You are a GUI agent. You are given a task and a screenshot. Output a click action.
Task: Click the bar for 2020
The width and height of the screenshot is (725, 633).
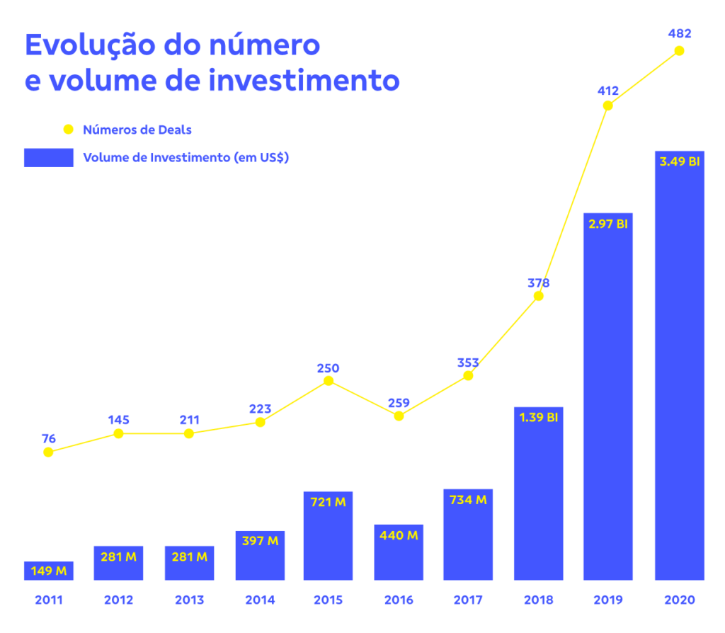(x=679, y=365)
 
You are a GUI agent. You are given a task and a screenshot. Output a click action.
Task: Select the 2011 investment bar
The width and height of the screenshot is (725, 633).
(x=49, y=571)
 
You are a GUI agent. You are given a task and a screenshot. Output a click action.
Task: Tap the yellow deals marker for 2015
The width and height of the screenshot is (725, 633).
(x=329, y=381)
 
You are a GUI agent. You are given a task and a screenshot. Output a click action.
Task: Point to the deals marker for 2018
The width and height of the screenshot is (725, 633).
(x=538, y=296)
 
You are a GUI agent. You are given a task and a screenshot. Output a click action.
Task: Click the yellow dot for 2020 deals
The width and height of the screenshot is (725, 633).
(x=679, y=51)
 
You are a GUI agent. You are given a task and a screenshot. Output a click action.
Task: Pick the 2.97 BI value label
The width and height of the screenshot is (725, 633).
(x=608, y=224)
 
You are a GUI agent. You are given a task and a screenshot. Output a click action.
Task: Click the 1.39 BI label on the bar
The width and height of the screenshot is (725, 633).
(x=539, y=418)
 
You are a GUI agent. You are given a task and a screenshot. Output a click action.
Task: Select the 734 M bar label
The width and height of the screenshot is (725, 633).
(x=468, y=500)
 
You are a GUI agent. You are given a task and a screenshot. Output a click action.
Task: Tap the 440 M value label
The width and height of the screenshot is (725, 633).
(x=399, y=535)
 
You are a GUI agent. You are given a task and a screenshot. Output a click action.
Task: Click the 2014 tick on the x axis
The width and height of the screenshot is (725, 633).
(x=260, y=600)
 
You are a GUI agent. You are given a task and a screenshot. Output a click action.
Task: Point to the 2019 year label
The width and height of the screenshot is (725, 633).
(x=608, y=600)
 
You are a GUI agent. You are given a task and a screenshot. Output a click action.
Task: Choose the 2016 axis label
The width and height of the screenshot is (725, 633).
(x=399, y=600)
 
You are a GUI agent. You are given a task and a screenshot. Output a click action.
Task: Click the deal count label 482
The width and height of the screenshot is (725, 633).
(x=680, y=33)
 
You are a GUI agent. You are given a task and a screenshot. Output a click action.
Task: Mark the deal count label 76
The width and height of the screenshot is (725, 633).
(x=49, y=438)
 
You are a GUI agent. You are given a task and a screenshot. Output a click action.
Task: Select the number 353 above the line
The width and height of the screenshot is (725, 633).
(x=468, y=363)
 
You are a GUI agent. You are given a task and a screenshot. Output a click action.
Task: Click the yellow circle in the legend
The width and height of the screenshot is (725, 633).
(x=69, y=130)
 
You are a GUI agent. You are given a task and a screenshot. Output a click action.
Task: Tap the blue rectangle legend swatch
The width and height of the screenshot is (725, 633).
(x=49, y=158)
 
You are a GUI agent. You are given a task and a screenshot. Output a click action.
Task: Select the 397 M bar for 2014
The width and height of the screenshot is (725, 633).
(x=260, y=555)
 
